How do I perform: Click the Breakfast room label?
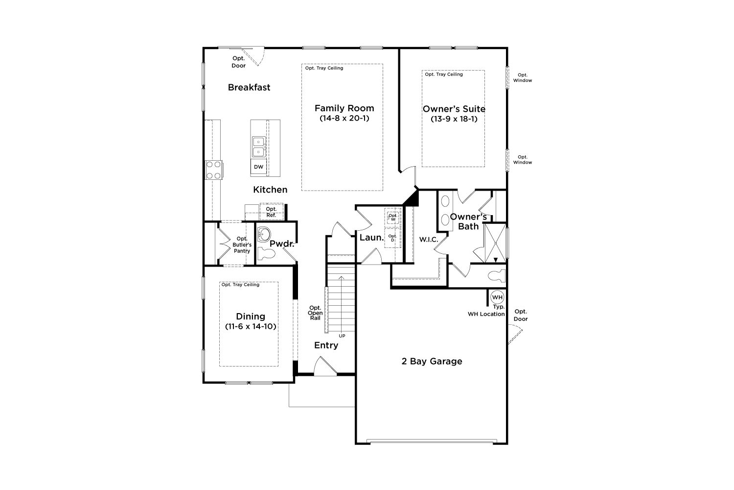249,87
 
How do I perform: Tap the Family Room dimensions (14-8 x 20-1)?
344,118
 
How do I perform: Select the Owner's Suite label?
454,109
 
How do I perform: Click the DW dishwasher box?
258,167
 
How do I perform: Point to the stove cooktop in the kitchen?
214,170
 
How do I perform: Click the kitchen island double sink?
258,147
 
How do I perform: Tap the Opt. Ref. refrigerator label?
271,212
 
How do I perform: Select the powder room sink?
264,235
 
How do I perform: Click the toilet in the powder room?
266,254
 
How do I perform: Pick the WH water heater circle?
497,297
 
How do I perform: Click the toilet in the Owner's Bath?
497,275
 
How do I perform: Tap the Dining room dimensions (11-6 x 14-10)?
251,326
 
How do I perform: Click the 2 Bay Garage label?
432,361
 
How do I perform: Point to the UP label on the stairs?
342,336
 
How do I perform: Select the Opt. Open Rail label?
315,313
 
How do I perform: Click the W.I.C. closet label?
429,240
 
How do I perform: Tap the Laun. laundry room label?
371,238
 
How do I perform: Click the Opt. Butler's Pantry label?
242,245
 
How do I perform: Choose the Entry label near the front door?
326,345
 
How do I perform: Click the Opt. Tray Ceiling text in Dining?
240,285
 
